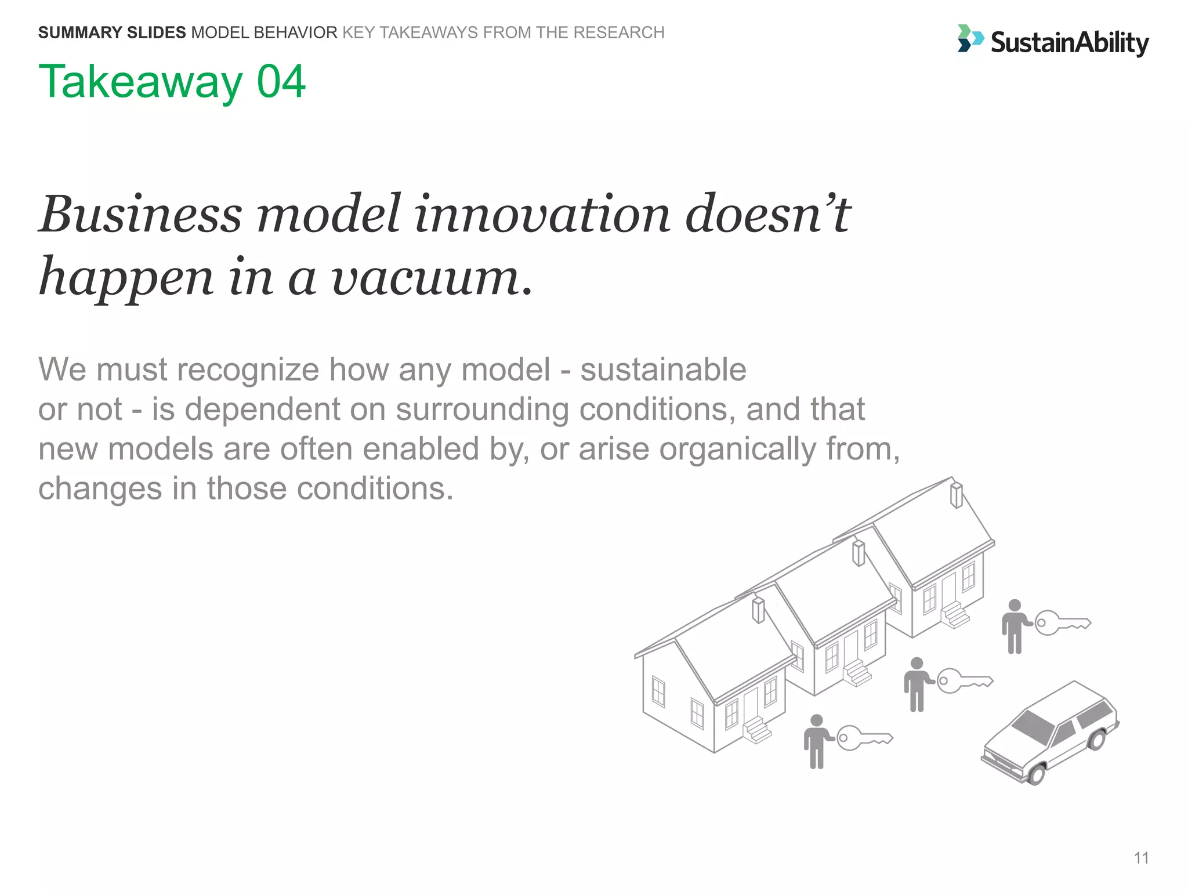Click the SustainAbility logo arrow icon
(970, 38)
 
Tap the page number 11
(1141, 858)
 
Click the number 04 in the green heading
(281, 82)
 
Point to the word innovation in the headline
(542, 215)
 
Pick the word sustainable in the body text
(663, 370)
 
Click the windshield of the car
(1033, 726)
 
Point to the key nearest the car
(1062, 623)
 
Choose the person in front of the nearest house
(816, 741)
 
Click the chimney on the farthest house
(956, 495)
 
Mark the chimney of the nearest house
(758, 610)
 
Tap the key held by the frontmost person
(864, 738)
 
